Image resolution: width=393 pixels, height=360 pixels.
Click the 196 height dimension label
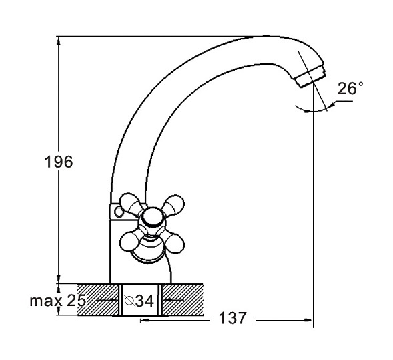coord(59,162)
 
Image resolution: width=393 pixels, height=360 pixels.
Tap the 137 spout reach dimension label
coord(233,318)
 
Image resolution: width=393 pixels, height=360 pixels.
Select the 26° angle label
coord(350,88)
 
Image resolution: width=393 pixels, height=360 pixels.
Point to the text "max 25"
coord(58,301)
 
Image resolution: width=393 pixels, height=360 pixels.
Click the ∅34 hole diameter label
coord(139,301)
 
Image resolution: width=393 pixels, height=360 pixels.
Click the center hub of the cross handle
coord(152,218)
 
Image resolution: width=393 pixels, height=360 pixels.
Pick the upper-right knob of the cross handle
coord(175,203)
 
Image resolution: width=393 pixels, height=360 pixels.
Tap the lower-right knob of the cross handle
coord(174,243)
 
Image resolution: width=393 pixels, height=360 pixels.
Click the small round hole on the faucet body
coord(119,212)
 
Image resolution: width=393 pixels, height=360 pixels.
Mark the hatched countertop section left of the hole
coord(97,299)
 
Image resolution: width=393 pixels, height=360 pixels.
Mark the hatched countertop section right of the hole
coord(183,299)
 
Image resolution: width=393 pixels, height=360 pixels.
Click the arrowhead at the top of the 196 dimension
coord(59,41)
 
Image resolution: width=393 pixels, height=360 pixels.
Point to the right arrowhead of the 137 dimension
coord(308,320)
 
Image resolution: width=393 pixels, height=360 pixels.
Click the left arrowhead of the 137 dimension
coord(145,321)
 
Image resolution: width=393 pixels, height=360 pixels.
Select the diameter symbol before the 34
coord(129,301)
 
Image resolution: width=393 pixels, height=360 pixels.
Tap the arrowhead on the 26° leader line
coord(332,106)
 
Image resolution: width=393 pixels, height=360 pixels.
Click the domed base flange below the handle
coord(149,251)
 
